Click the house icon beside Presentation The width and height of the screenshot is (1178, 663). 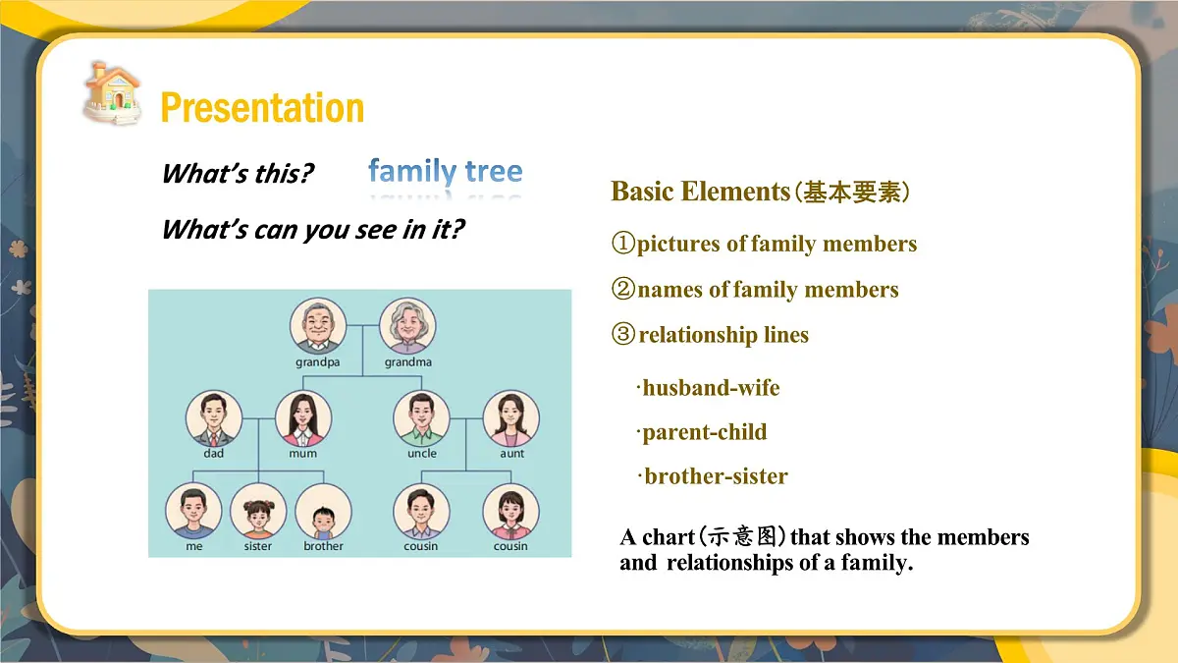pyautogui.click(x=111, y=93)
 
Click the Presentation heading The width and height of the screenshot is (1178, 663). pyautogui.click(x=261, y=107)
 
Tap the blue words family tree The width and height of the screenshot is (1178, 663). pyautogui.click(x=445, y=172)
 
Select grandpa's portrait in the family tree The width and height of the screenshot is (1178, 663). pyautogui.click(x=317, y=326)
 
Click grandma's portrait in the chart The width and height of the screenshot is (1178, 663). pyautogui.click(x=407, y=326)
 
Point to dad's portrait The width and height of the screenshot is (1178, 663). pyautogui.click(x=214, y=418)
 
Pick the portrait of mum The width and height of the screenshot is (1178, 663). pyautogui.click(x=303, y=418)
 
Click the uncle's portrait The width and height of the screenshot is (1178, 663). pyautogui.click(x=421, y=418)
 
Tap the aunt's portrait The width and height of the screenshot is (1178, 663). pyautogui.click(x=510, y=418)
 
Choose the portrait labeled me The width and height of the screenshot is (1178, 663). pyautogui.click(x=193, y=511)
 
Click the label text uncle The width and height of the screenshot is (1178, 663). pyautogui.click(x=421, y=454)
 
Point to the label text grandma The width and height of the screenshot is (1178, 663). pyautogui.click(x=407, y=362)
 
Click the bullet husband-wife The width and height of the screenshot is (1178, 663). pyautogui.click(x=710, y=388)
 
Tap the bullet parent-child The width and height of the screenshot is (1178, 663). pyautogui.click(x=704, y=432)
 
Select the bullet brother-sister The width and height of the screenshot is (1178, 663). pyautogui.click(x=715, y=476)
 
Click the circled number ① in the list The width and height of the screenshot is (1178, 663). pyautogui.click(x=623, y=244)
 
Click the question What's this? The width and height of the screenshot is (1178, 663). pyautogui.click(x=238, y=174)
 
